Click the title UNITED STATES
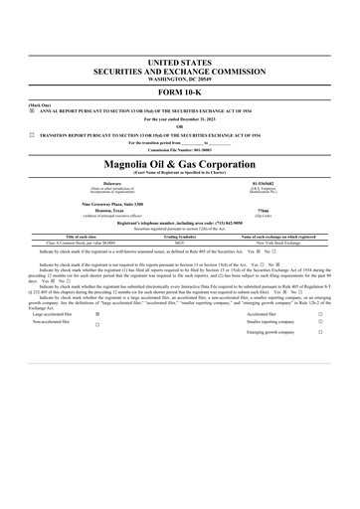tap(179, 63)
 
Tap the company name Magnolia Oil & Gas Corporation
tap(179, 162)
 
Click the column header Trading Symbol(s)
tap(179, 237)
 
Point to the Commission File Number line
tap(179, 150)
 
